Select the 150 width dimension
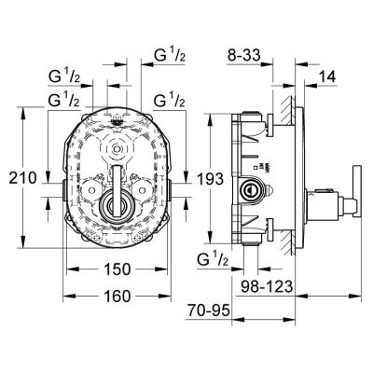pos(116,268)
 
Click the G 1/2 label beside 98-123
pos(213,260)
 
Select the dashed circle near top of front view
pos(117,148)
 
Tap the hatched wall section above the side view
pos(290,103)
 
